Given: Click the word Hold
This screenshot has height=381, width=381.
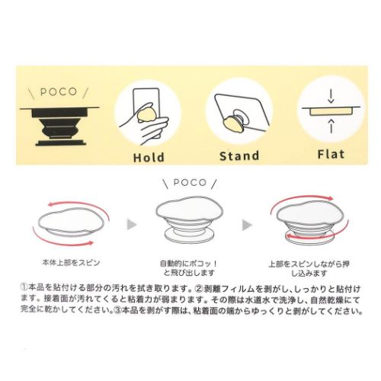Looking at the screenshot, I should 148,157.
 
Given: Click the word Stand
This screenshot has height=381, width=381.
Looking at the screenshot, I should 239,157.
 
